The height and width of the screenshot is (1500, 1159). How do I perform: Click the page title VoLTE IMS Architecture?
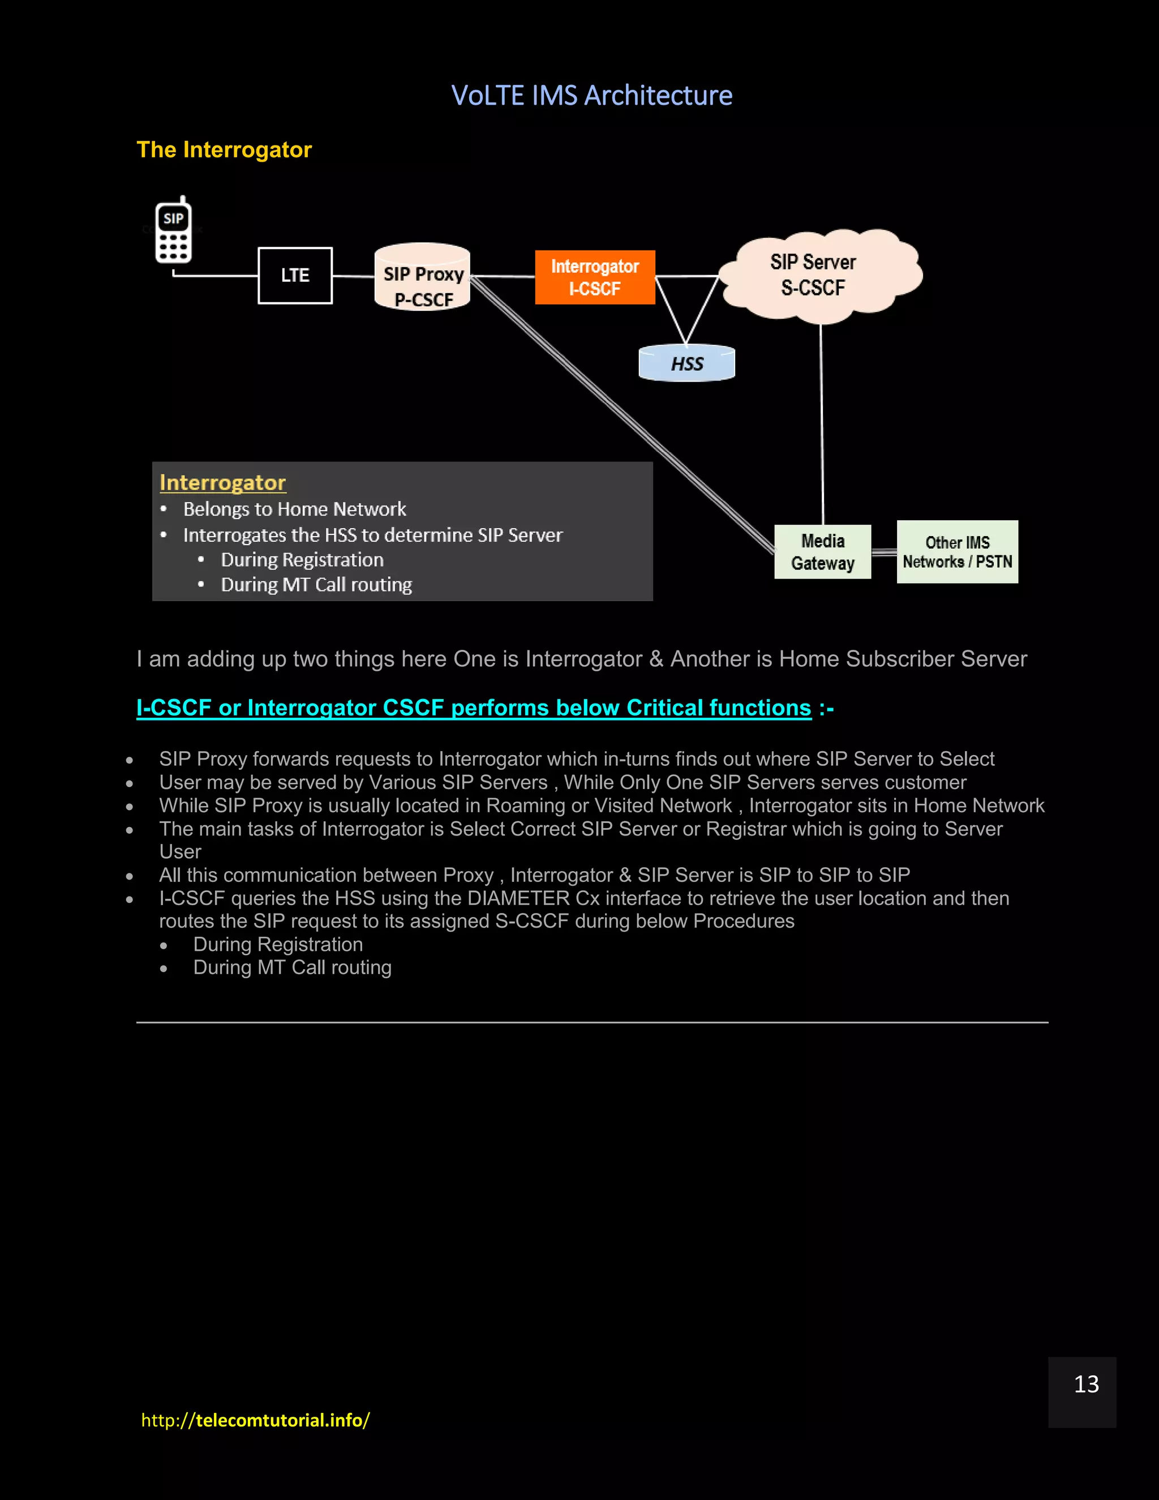(591, 96)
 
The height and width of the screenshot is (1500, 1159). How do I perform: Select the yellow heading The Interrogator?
(224, 150)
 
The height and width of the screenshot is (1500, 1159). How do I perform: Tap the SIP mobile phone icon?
(173, 232)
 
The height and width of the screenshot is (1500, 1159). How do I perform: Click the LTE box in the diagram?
(295, 276)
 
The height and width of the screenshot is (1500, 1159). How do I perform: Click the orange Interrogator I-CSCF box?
(595, 277)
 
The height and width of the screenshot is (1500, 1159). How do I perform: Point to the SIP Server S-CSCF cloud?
(817, 275)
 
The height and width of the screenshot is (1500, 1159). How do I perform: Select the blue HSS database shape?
(686, 363)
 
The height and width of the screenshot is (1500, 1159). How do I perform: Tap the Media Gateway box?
(822, 552)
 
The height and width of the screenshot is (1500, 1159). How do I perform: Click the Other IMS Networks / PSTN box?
(957, 552)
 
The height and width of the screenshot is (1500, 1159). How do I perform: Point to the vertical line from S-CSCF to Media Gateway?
(822, 426)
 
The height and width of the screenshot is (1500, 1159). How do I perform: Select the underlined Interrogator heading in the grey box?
(222, 483)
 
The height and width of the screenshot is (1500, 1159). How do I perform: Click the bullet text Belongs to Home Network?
(294, 509)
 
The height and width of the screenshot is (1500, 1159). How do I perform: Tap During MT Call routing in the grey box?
(316, 585)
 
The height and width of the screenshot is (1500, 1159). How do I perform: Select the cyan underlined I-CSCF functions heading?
(474, 708)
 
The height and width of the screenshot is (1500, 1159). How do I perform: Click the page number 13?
(1085, 1384)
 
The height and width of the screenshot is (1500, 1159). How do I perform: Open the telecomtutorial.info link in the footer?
(255, 1420)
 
